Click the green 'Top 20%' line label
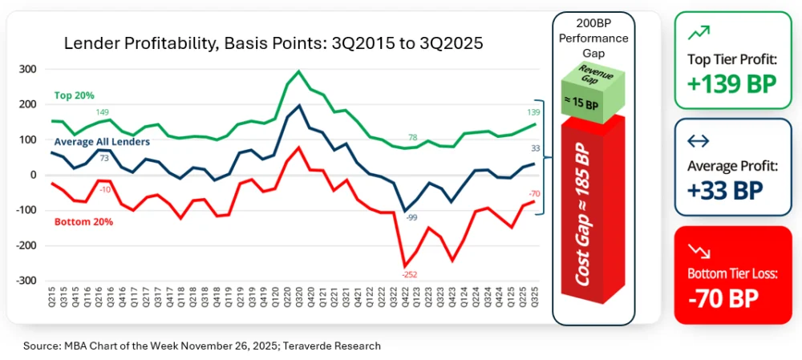75,95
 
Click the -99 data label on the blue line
411,218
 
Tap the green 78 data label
411,138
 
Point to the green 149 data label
103,112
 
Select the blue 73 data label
103,159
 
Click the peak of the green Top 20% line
298,71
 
